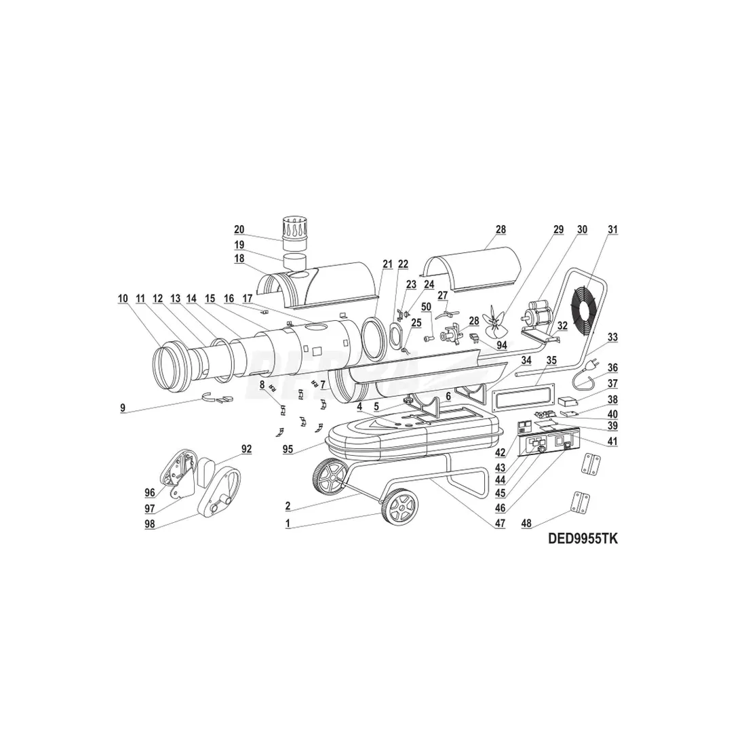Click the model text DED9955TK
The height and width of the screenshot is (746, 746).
tap(583, 538)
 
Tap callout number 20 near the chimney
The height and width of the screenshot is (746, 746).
tap(239, 229)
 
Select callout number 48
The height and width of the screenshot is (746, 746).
tap(526, 524)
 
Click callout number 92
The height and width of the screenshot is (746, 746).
tap(246, 449)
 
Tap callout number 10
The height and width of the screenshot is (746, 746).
tap(123, 299)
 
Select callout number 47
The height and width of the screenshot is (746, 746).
tap(500, 524)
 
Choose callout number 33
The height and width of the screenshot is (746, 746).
tap(613, 337)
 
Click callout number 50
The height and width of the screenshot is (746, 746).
tap(427, 307)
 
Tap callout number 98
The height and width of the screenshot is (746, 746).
tap(150, 524)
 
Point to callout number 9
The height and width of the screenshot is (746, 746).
tap(123, 408)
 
